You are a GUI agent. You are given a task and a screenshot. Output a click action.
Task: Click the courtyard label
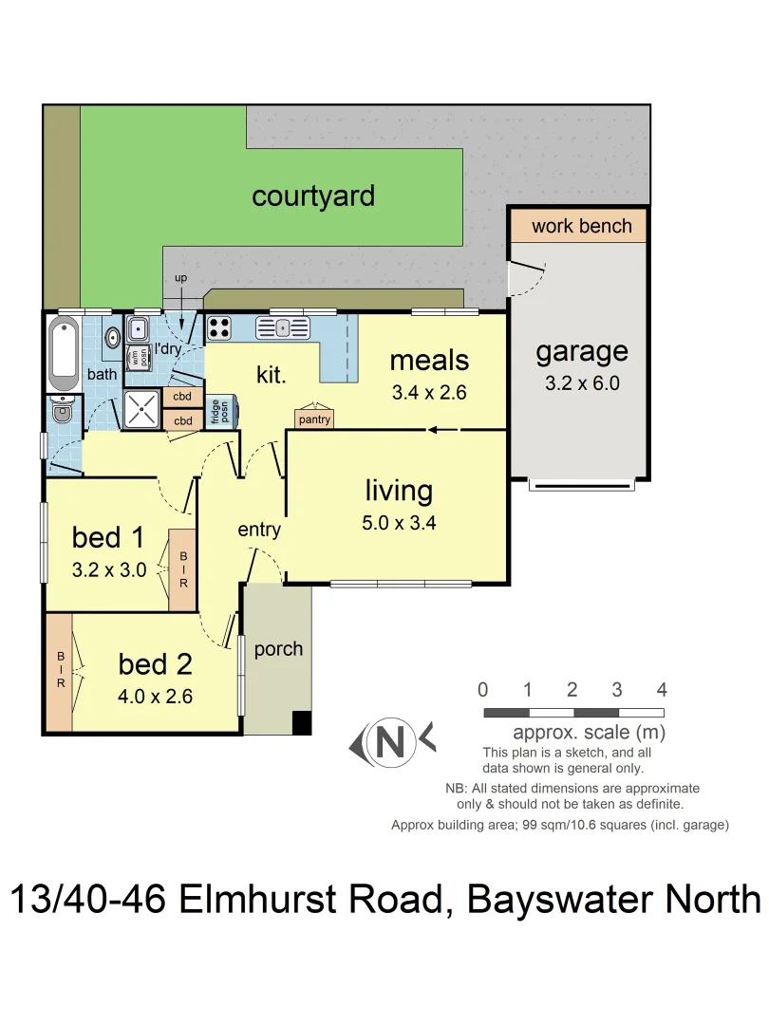[x=313, y=196]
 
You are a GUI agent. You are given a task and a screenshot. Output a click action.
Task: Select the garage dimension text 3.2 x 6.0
[x=581, y=383]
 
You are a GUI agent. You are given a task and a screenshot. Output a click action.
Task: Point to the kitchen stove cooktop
[x=219, y=328]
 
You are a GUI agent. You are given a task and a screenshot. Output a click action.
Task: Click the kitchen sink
[x=283, y=328]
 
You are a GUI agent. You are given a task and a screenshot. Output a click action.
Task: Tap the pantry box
[x=314, y=419]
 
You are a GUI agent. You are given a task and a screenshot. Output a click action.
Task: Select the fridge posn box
[x=218, y=413]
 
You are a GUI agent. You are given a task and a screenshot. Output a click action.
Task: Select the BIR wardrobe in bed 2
[x=59, y=673]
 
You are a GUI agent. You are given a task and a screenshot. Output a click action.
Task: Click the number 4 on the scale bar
[x=662, y=690]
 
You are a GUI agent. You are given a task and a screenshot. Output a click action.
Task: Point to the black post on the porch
[x=301, y=722]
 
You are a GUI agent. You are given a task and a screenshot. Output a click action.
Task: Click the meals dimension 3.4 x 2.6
[x=429, y=392]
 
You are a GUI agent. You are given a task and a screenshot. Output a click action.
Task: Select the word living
[x=399, y=491]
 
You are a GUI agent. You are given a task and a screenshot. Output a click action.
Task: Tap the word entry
[x=259, y=530]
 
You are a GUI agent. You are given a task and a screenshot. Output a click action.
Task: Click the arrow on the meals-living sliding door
[x=434, y=430]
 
